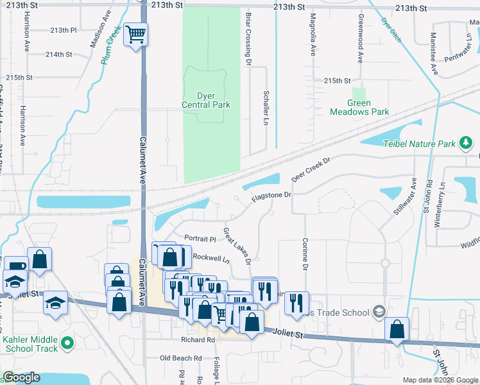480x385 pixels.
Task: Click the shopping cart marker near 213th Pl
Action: pyautogui.click(x=135, y=34)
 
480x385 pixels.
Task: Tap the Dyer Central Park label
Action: pyautogui.click(x=205, y=100)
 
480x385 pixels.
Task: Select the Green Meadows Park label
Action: pyautogui.click(x=359, y=107)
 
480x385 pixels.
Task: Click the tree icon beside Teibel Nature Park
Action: pyautogui.click(x=465, y=143)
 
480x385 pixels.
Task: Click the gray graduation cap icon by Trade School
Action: pyautogui.click(x=379, y=312)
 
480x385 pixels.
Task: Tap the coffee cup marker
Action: pyautogui.click(x=15, y=266)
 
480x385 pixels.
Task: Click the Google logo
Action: pyautogui.click(x=21, y=377)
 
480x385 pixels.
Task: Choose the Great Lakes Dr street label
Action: pyautogui.click(x=236, y=244)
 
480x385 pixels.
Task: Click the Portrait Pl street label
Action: pyautogui.click(x=200, y=238)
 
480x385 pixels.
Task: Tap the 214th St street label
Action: pyautogui.click(x=58, y=55)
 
